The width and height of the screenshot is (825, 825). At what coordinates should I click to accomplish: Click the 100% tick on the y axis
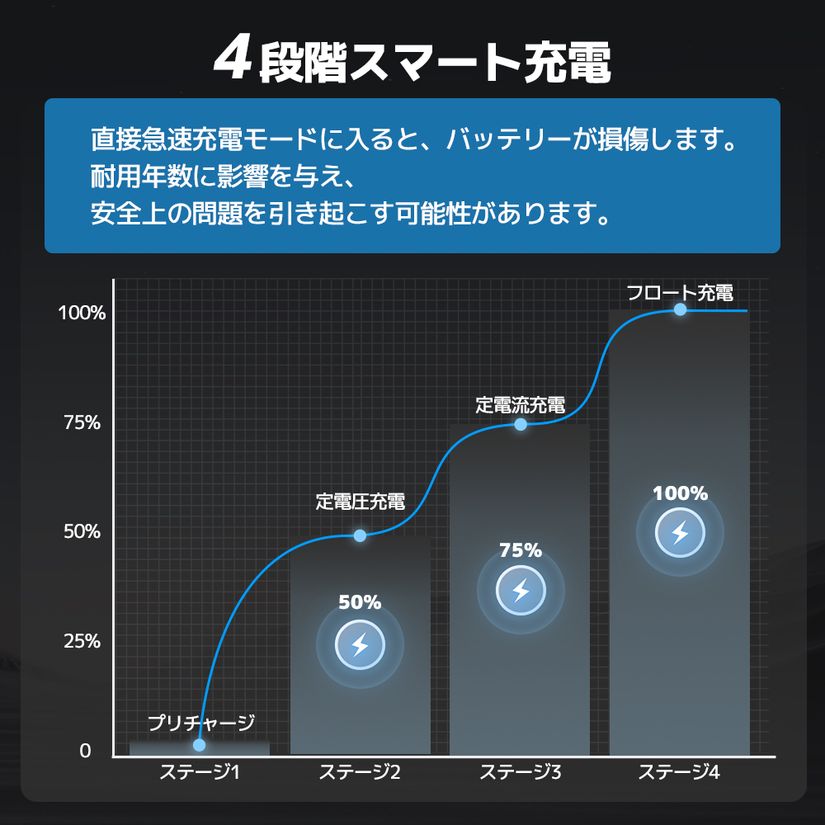click(82, 313)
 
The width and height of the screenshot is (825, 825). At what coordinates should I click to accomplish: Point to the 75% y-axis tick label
click(82, 422)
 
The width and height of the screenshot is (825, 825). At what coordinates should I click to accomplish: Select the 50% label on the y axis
click(82, 532)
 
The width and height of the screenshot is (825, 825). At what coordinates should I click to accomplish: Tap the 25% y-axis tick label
click(82, 641)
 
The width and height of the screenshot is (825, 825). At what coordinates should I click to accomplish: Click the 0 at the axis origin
click(85, 752)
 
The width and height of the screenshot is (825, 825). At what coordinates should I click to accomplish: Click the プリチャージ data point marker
click(199, 745)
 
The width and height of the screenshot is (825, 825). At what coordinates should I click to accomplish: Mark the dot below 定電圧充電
click(360, 535)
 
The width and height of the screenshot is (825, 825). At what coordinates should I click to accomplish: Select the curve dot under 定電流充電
click(521, 424)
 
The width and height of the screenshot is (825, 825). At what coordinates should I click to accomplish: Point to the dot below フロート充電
click(680, 309)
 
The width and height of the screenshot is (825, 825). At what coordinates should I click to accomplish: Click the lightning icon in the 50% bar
click(360, 645)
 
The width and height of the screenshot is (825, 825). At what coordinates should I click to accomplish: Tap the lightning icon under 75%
click(521, 591)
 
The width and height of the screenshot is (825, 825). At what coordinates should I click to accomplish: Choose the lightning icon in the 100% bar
click(680, 533)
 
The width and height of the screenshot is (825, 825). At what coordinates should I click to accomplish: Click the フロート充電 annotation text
click(680, 292)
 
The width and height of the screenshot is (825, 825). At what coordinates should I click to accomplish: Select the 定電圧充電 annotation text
click(361, 502)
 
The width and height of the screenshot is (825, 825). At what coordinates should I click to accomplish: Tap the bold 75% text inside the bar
click(521, 550)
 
